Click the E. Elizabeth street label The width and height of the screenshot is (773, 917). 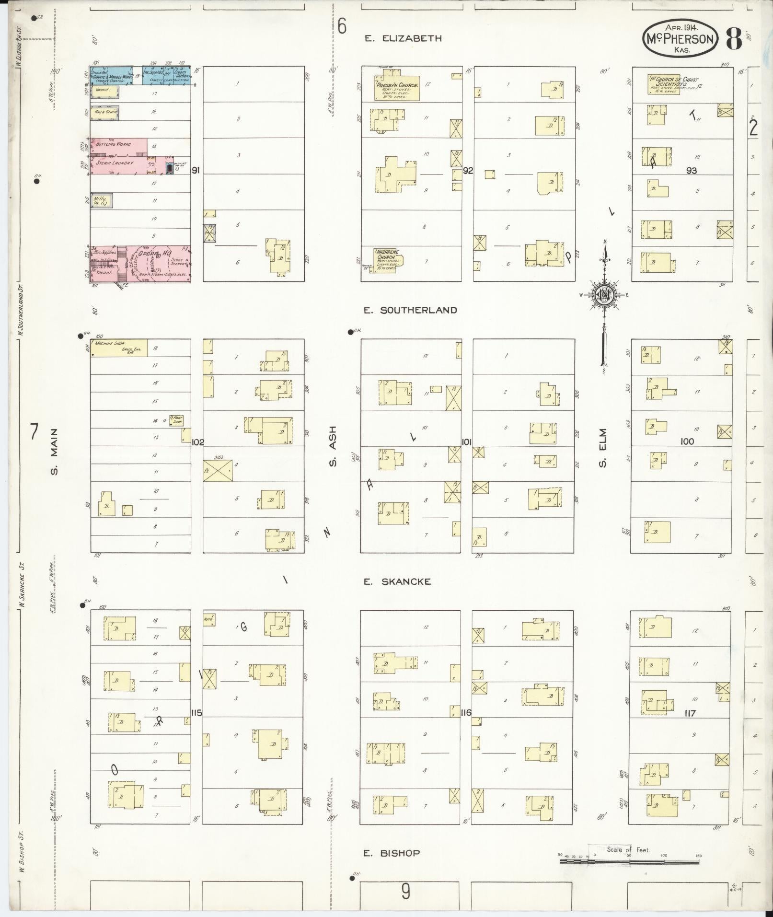point(403,39)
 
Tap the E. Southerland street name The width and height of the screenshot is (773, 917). point(410,310)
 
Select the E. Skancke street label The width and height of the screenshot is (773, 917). point(397,581)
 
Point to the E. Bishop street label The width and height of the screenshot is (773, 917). point(391,853)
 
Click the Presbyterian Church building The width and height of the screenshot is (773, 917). point(397,88)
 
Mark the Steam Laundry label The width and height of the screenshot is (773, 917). point(115,163)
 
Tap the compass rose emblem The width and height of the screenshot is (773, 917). point(605,295)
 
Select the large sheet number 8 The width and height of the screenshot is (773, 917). point(734,39)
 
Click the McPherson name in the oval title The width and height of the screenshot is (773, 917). point(680,39)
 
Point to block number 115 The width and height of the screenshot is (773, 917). point(196,713)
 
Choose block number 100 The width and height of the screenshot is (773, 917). point(687,441)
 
